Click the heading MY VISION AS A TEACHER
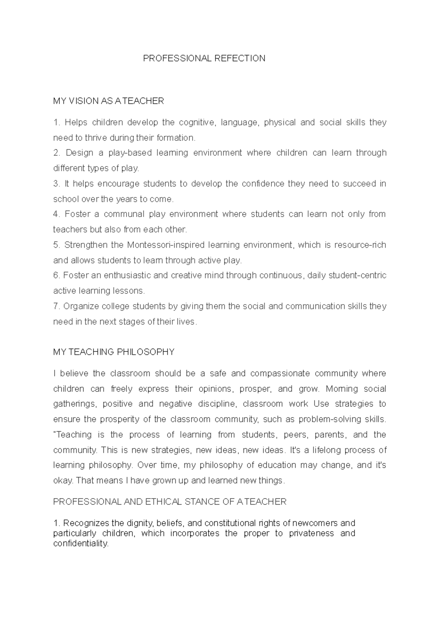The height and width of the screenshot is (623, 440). point(109,101)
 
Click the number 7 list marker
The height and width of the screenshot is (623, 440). point(56,306)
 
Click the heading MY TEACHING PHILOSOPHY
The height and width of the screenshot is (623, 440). point(114,352)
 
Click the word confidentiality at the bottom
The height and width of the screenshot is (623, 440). point(81,544)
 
